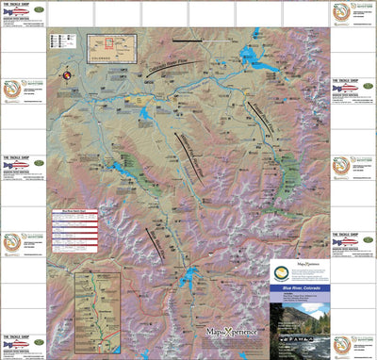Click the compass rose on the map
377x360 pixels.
point(67,75)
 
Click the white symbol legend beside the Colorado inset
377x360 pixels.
point(67,43)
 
